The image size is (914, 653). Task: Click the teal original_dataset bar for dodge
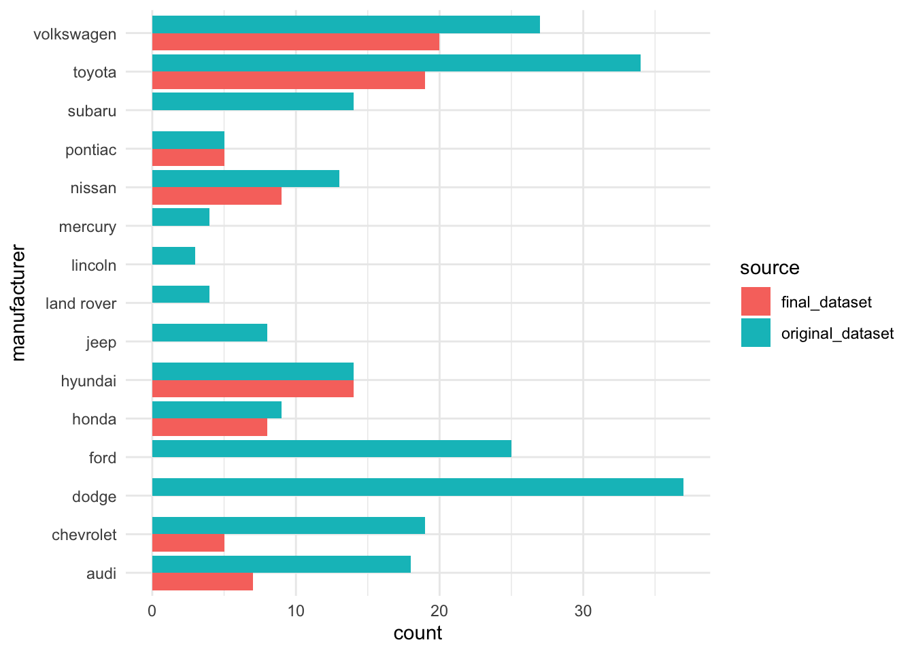click(x=418, y=487)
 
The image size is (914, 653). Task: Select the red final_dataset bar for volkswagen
click(x=295, y=42)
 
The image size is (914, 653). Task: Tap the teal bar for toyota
click(x=396, y=63)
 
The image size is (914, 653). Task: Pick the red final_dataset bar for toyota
click(x=288, y=80)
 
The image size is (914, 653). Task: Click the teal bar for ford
click(x=331, y=449)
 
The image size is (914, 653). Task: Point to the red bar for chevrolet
click(x=188, y=543)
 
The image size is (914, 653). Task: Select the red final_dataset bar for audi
click(x=202, y=582)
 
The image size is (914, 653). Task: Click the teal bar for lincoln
click(x=173, y=256)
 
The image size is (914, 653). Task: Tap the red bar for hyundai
click(x=252, y=389)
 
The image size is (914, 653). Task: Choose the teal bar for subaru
click(x=252, y=101)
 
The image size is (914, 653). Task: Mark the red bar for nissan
click(x=216, y=196)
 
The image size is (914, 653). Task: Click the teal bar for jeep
click(x=209, y=333)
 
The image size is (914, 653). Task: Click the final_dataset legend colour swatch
click(x=756, y=301)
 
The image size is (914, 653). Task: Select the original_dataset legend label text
click(x=837, y=333)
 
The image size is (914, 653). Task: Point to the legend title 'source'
click(x=769, y=268)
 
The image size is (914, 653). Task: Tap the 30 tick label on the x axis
click(x=583, y=611)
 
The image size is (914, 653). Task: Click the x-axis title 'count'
click(x=418, y=633)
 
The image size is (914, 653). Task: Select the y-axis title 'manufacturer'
click(x=18, y=303)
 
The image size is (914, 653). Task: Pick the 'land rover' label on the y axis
click(x=81, y=303)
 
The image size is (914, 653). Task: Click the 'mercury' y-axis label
click(x=87, y=227)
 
